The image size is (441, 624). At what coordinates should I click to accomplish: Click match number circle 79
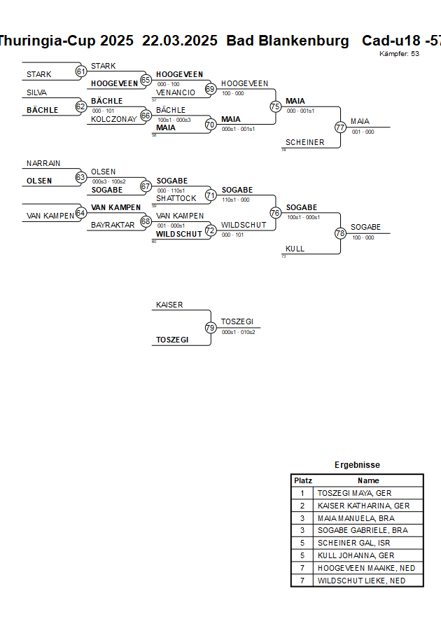pos(210,328)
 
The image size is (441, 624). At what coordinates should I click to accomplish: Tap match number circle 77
pos(340,127)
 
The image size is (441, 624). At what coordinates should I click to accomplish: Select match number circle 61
pos(80,71)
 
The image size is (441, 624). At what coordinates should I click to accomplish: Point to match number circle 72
pos(210,230)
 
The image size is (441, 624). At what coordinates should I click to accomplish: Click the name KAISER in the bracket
pos(169,305)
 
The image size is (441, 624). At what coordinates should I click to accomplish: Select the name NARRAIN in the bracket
pos(43,163)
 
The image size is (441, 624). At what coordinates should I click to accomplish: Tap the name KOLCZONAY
pos(114,119)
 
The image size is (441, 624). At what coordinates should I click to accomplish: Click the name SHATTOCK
pos(176,198)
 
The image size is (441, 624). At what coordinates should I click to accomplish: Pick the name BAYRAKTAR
pos(112,225)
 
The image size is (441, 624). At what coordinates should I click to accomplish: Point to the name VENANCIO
pos(176,92)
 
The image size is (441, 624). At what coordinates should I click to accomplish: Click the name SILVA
pos(37,92)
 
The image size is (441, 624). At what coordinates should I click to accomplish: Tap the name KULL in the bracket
pos(295,249)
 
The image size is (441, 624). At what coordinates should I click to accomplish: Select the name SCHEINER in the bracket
pos(304,142)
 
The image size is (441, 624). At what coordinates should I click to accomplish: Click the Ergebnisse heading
pos(357,465)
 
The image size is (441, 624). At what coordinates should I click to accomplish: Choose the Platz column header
pos(302,480)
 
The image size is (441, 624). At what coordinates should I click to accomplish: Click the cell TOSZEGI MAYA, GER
pos(354,493)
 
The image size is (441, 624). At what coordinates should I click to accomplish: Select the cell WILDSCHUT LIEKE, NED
pos(361,581)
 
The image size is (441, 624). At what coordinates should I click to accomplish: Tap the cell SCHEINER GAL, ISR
pos(353,543)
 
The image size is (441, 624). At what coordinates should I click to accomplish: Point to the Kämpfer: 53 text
pos(399,53)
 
